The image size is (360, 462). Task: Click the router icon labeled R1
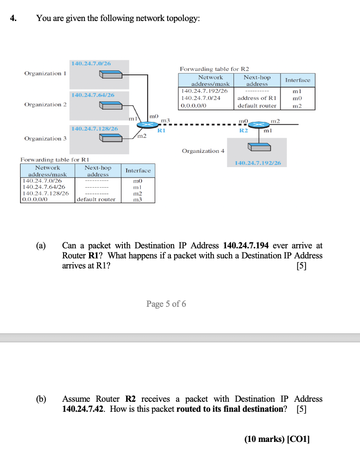[148, 125]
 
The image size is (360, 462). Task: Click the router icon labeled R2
[259, 125]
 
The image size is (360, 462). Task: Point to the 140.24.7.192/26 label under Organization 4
[258, 163]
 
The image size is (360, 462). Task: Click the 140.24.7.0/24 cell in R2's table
[201, 98]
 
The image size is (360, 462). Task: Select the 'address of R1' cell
[257, 98]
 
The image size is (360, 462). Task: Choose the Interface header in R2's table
[297, 80]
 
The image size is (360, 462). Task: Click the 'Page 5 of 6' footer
[166, 304]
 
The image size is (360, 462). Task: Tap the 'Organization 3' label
[45, 138]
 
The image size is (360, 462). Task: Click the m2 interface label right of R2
[275, 121]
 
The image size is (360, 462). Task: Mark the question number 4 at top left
[14, 18]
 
